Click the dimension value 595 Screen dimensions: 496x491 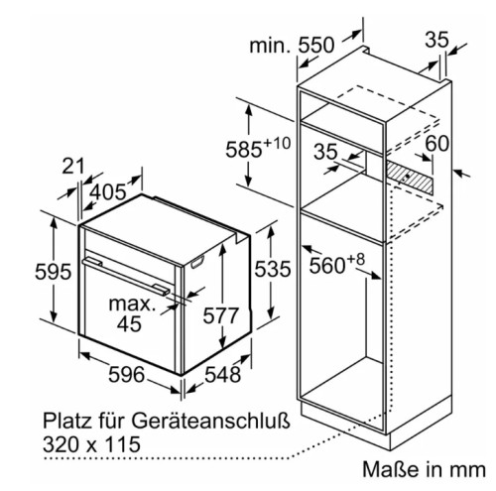tap(54, 272)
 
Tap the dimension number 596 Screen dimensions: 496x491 tap(127, 374)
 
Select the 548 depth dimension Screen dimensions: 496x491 tap(222, 374)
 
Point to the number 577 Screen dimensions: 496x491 tap(220, 315)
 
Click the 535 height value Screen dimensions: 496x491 tap(273, 269)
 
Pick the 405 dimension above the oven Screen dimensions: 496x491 tap(108, 191)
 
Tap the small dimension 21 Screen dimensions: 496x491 tap(73, 166)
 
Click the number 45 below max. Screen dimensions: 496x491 tap(129, 323)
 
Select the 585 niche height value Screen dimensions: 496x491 tap(244, 150)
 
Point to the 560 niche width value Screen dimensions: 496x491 tap(327, 265)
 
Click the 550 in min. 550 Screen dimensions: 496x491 tap(316, 46)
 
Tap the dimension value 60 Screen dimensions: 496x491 tap(437, 143)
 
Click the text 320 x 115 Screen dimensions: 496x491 tap(91, 444)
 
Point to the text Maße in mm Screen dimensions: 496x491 tap(425, 469)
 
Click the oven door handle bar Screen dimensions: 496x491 tap(126, 277)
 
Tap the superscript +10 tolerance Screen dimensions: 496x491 tap(277, 144)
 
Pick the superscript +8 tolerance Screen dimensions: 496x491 tap(355, 259)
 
